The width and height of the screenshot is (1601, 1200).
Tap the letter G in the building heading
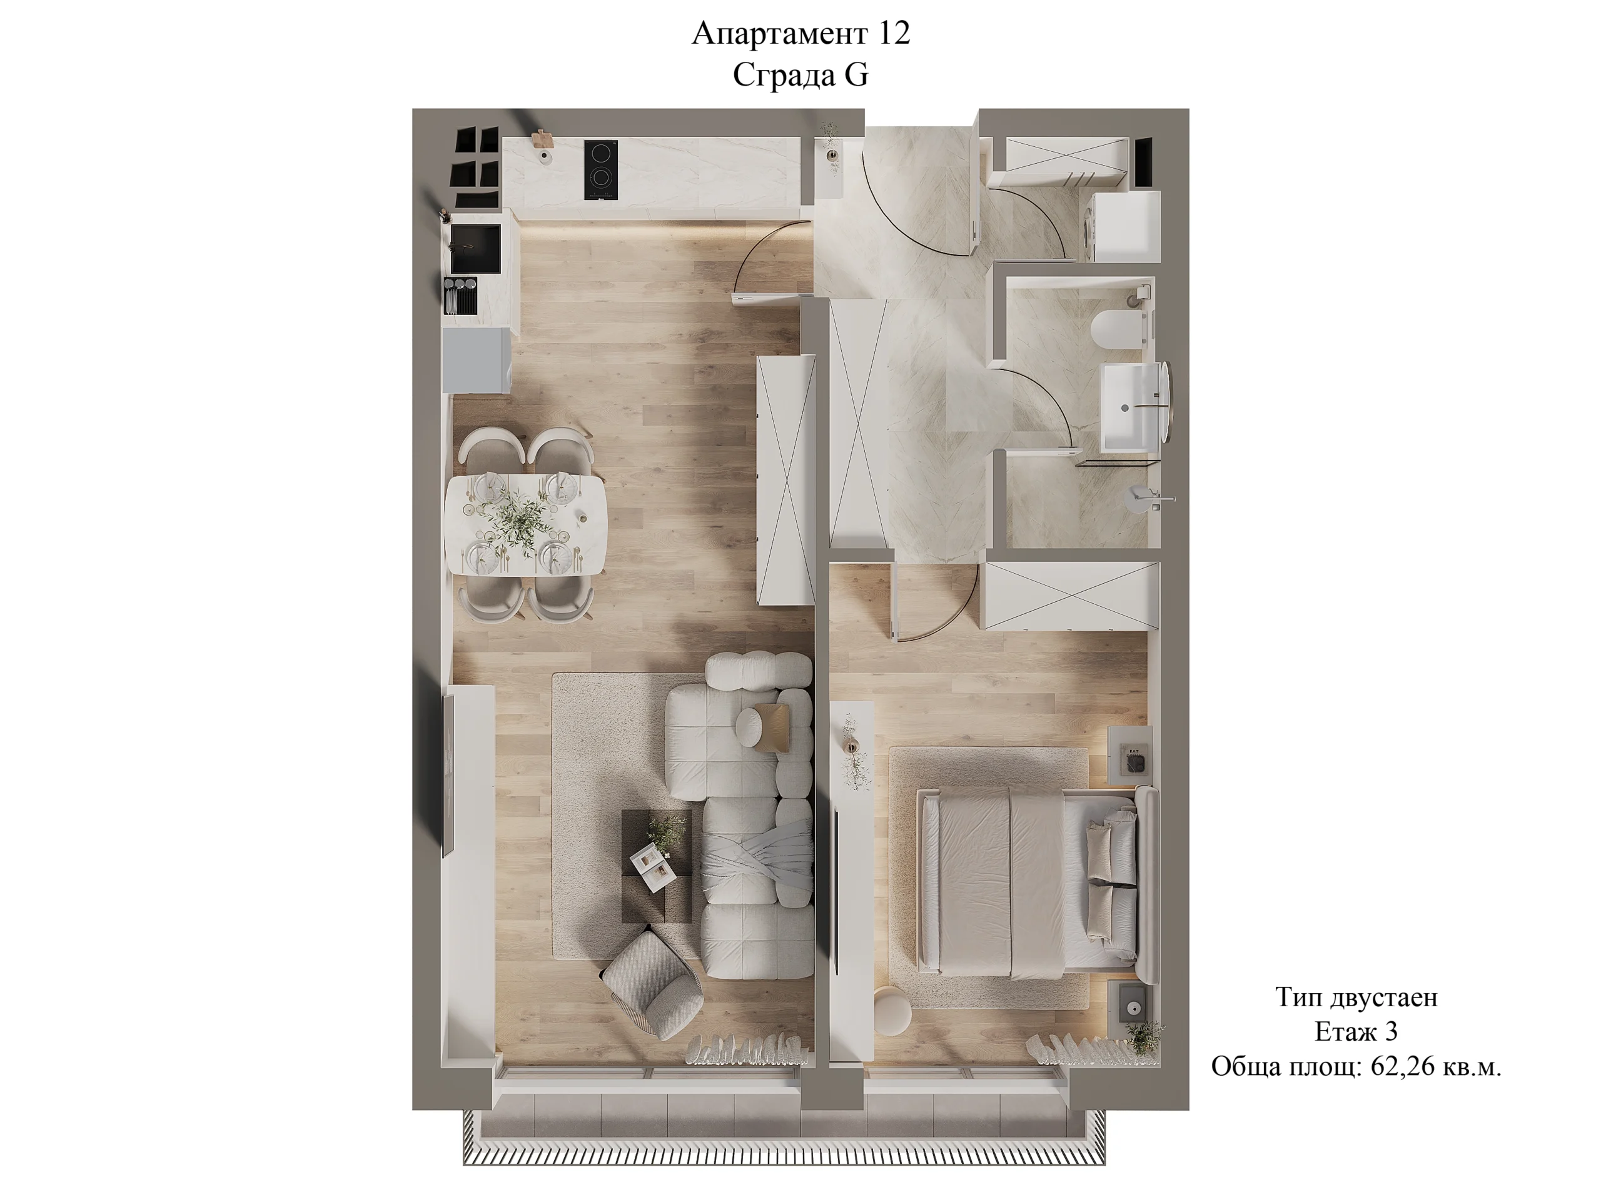(x=856, y=75)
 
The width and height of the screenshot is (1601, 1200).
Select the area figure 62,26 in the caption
(x=1402, y=1067)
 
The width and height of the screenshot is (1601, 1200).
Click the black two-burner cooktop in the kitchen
(x=601, y=169)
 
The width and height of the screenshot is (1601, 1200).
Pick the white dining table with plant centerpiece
(x=525, y=524)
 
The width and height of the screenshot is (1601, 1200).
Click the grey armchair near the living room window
(x=653, y=984)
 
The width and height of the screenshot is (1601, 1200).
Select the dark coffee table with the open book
(x=657, y=866)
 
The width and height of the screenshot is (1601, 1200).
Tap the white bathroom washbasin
(x=1133, y=406)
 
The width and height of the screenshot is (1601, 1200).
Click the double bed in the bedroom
(x=1037, y=882)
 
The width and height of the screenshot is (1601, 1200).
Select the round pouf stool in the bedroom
(x=893, y=1011)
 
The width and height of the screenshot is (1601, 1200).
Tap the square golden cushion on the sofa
(x=771, y=726)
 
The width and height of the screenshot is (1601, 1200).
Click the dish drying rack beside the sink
(x=461, y=295)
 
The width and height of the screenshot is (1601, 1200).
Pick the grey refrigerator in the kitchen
(x=477, y=360)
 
